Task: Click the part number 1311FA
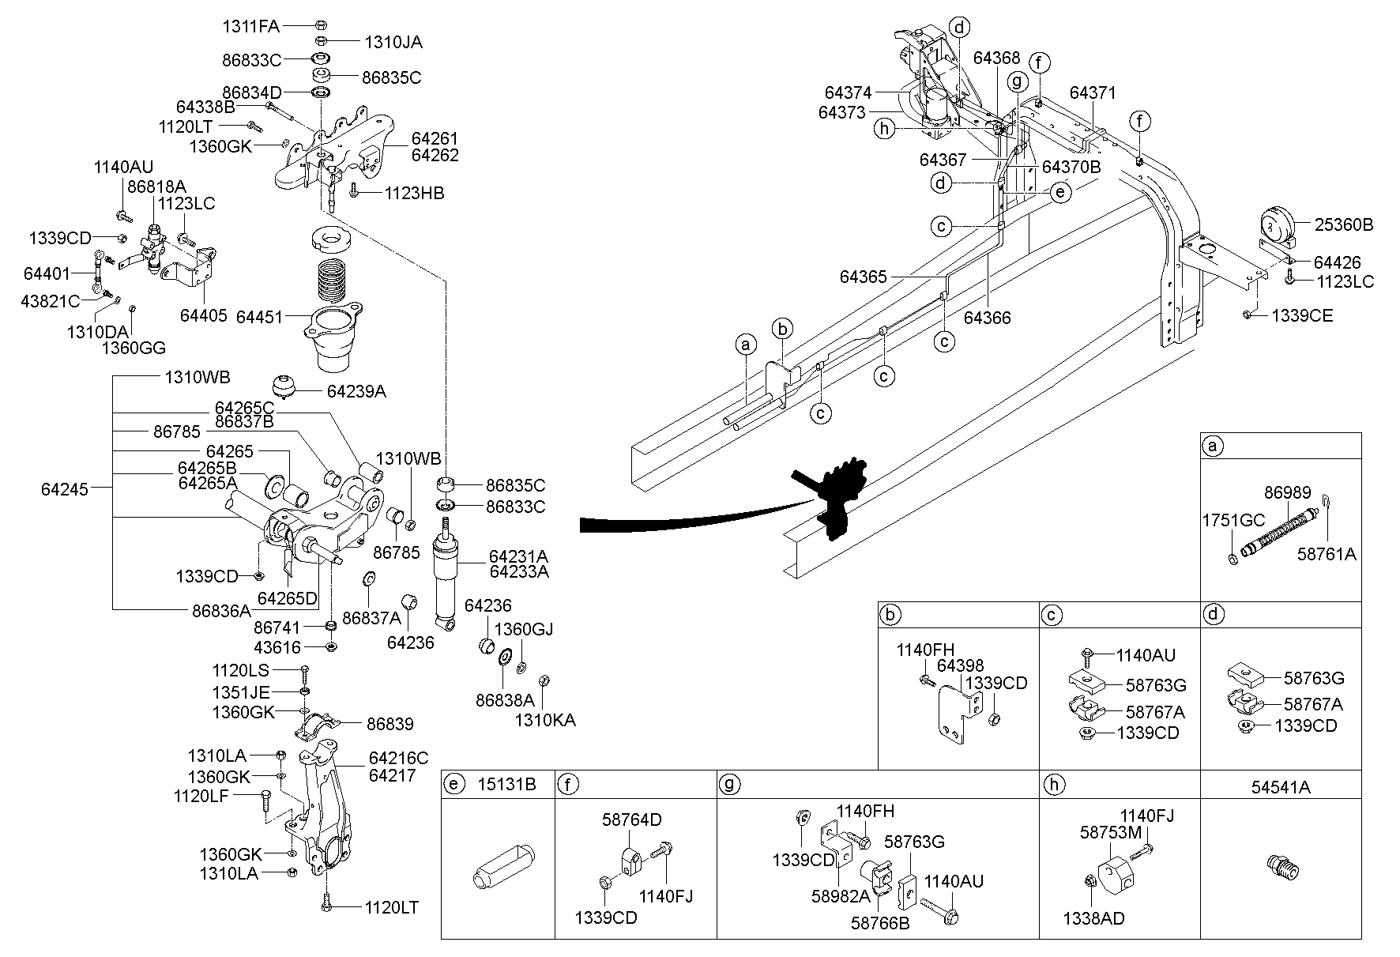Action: (x=250, y=27)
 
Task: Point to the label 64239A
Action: (x=356, y=391)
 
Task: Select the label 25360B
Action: (x=1344, y=224)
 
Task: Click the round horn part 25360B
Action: (x=1275, y=225)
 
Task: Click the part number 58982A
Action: (x=840, y=895)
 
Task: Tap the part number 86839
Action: (x=390, y=724)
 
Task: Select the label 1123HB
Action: (x=415, y=193)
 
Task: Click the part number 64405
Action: (x=204, y=315)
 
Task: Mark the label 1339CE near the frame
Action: (x=1302, y=316)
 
